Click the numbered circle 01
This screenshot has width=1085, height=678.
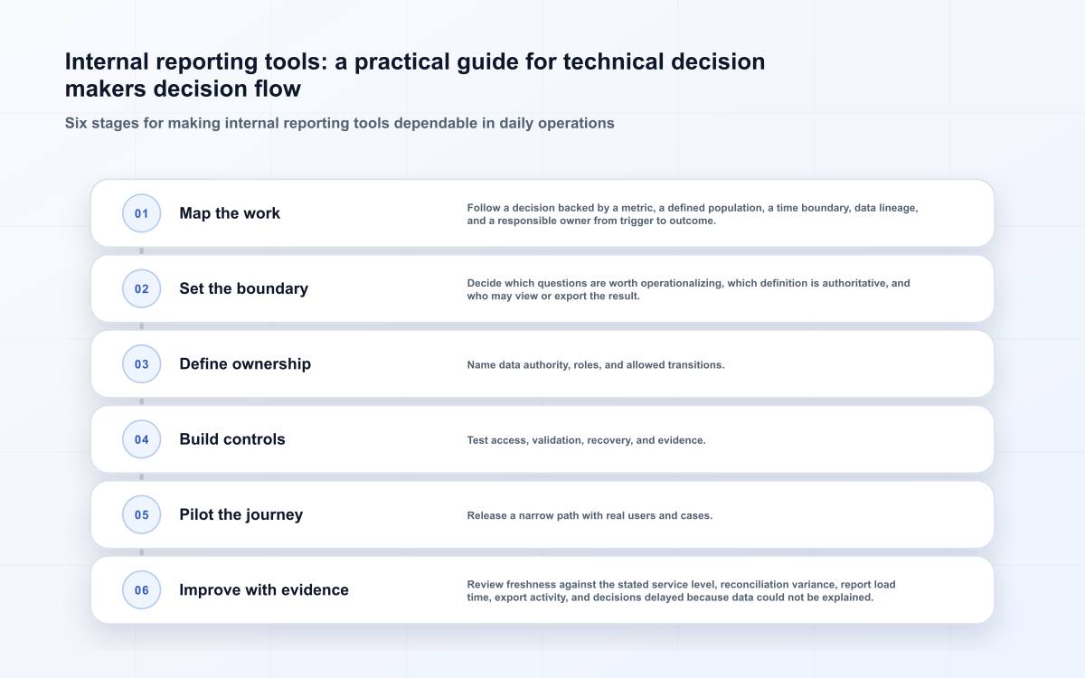coord(141,213)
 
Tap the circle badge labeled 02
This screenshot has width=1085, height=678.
coord(141,288)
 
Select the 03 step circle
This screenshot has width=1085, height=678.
coord(141,363)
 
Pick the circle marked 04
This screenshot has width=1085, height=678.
coord(141,439)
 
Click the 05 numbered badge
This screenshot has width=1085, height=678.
coord(141,514)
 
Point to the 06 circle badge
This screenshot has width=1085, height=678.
coord(141,589)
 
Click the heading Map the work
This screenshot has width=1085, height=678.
coord(230,213)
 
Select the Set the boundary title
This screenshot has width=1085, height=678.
coord(243,288)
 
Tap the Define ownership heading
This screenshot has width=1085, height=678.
coord(245,363)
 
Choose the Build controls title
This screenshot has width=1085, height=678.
coord(232,439)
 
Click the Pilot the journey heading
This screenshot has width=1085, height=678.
coord(241,514)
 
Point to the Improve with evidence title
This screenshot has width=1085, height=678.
coord(264,589)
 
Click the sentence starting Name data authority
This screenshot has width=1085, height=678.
coord(596,364)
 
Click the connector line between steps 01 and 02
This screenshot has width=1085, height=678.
coord(141,251)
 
